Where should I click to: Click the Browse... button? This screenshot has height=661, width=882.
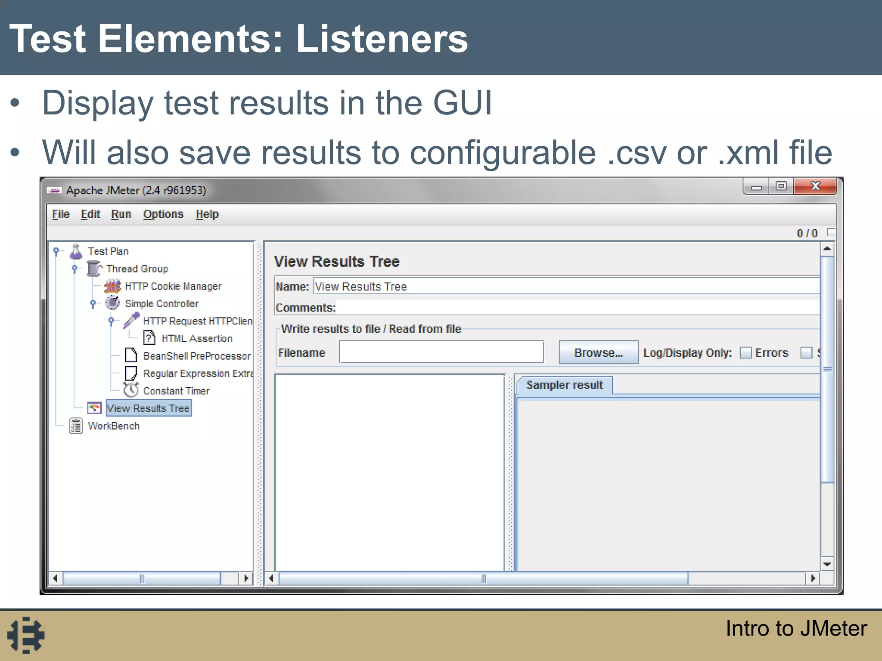coord(598,353)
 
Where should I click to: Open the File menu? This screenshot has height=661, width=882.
coord(61,214)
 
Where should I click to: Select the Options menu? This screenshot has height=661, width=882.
coord(163,214)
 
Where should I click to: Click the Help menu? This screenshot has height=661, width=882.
coord(207,214)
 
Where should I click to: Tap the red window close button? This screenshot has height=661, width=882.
coord(815,186)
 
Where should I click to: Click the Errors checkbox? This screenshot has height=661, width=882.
coord(745,353)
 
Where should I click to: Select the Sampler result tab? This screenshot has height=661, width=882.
coord(564,385)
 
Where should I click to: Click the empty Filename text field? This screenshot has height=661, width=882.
coord(441,352)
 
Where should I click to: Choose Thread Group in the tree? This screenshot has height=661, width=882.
coord(137,269)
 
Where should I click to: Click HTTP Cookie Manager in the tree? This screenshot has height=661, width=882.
coord(173,287)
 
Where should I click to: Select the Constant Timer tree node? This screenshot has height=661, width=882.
coord(176,391)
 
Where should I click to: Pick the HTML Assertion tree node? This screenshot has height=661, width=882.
coord(197,339)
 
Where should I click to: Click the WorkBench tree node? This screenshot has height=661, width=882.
coord(114,426)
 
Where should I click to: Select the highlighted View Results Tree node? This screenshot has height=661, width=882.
coord(148,408)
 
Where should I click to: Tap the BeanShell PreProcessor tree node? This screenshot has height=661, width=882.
coord(197,356)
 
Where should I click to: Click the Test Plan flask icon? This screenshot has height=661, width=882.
coord(76,252)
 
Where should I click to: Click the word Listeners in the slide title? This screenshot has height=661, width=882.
coord(382,39)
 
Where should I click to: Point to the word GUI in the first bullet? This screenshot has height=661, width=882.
coord(462,103)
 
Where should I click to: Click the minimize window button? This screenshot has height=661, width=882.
coord(756,187)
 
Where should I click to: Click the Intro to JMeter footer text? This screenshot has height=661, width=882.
coord(796,628)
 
